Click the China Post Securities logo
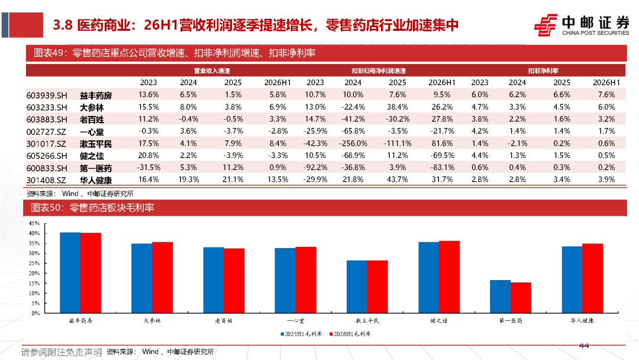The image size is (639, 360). [x=582, y=25]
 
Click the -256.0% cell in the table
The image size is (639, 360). [x=353, y=143]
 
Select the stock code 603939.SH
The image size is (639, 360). [x=47, y=95]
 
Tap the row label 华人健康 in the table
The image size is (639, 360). [x=96, y=180]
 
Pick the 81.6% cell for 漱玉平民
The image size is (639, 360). [x=442, y=143]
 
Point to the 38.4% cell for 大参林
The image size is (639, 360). [x=398, y=107]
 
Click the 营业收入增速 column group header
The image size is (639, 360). [x=212, y=71]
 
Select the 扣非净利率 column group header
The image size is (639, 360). [x=543, y=71]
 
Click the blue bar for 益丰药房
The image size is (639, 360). [x=70, y=273]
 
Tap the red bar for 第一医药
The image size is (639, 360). [x=521, y=298]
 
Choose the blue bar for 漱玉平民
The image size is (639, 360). [x=357, y=287]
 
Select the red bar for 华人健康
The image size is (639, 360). [x=592, y=278]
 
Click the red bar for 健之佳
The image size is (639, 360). [x=449, y=277]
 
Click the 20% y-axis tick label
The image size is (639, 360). [x=34, y=274]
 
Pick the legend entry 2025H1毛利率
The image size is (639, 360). [x=301, y=334]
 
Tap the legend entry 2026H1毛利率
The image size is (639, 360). [x=350, y=334]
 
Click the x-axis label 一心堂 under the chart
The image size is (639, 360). [x=295, y=321]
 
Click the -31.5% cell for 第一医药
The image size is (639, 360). [x=149, y=168]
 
